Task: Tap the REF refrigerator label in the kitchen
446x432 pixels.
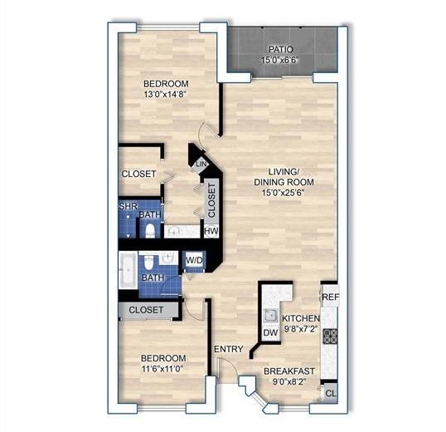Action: pyautogui.click(x=330, y=297)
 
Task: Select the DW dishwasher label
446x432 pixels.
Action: pyautogui.click(x=269, y=333)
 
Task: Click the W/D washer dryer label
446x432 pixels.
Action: pyautogui.click(x=194, y=260)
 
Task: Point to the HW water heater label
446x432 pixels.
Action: pyautogui.click(x=211, y=232)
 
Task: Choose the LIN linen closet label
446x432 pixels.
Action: pyautogui.click(x=201, y=165)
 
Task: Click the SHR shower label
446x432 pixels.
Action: pyautogui.click(x=127, y=205)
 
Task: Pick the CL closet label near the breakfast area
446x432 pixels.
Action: pyautogui.click(x=330, y=393)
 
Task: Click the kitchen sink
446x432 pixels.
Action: pyautogui.click(x=270, y=314)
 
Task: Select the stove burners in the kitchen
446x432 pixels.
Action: pyautogui.click(x=330, y=336)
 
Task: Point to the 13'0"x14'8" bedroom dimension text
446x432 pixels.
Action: pyautogui.click(x=166, y=96)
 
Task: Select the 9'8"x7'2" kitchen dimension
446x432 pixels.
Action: pyautogui.click(x=301, y=330)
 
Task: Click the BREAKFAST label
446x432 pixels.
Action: pyautogui.click(x=289, y=371)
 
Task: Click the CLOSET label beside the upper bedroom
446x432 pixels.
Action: pyautogui.click(x=138, y=174)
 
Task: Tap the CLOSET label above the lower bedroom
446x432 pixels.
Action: pyautogui.click(x=148, y=310)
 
